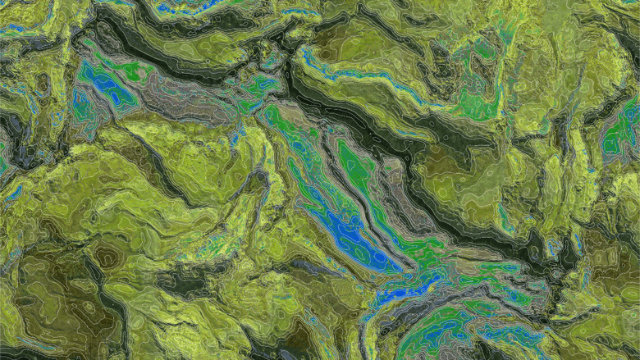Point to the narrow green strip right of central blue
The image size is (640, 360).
click(361, 176)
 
